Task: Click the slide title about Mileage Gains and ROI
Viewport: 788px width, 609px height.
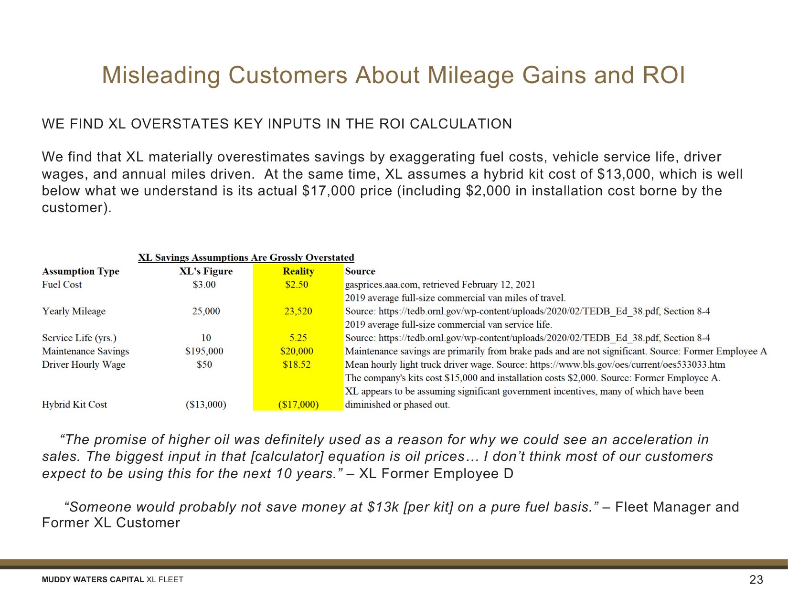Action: click(394, 75)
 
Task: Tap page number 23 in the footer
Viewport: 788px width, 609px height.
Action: click(756, 579)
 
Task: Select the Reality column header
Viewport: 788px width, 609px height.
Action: click(298, 271)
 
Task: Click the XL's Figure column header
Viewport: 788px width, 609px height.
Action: click(206, 271)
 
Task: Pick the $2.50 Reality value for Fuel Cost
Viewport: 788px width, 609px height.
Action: click(297, 285)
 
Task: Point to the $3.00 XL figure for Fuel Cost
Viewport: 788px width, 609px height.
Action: click(204, 285)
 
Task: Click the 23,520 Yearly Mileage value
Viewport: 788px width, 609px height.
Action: click(298, 311)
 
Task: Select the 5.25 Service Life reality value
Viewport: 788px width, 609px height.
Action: click(298, 338)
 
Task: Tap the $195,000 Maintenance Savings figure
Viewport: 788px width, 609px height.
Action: click(204, 351)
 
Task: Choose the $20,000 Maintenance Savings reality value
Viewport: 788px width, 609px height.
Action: click(297, 351)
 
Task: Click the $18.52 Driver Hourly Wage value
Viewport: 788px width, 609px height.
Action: click(297, 364)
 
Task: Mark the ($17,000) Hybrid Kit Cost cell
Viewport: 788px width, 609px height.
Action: click(298, 405)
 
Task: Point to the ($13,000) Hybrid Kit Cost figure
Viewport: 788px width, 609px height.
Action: click(206, 405)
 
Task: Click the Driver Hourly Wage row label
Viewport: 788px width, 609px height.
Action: click(84, 364)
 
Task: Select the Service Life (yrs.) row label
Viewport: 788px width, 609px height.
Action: click(79, 338)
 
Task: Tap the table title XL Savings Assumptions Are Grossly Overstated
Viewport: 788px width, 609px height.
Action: click(246, 258)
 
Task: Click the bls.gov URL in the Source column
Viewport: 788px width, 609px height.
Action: click(628, 364)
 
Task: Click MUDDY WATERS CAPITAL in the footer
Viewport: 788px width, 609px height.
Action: click(93, 580)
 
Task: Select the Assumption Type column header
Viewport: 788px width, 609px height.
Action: click(81, 271)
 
